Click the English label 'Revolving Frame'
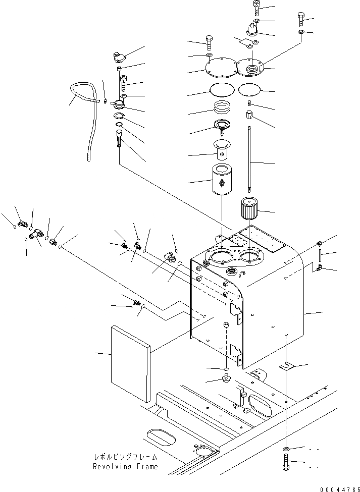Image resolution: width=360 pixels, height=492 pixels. click(x=125, y=466)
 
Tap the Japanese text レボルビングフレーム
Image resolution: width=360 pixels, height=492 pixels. click(x=125, y=457)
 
